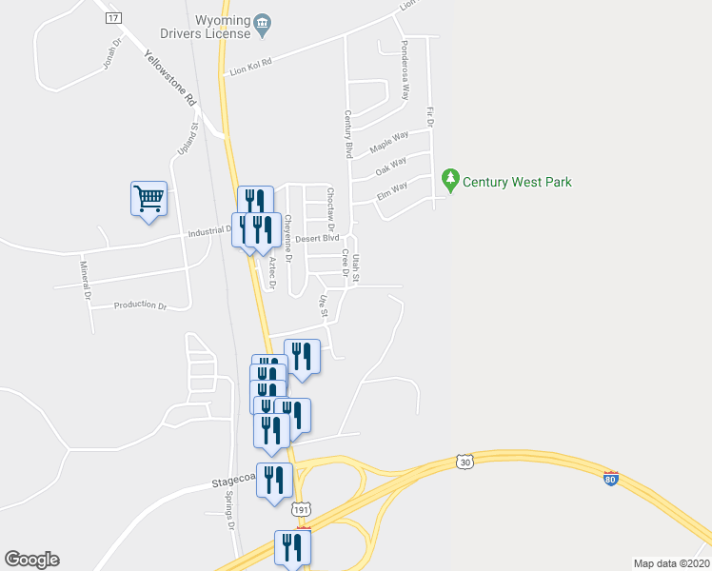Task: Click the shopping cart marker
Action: tap(148, 199)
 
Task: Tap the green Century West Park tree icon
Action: tap(450, 179)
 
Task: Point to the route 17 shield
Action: tap(114, 18)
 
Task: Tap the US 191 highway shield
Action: tap(301, 510)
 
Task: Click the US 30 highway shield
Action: tap(465, 462)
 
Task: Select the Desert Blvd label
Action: tap(317, 239)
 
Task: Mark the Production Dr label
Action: tap(140, 305)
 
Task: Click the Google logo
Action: tap(31, 559)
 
